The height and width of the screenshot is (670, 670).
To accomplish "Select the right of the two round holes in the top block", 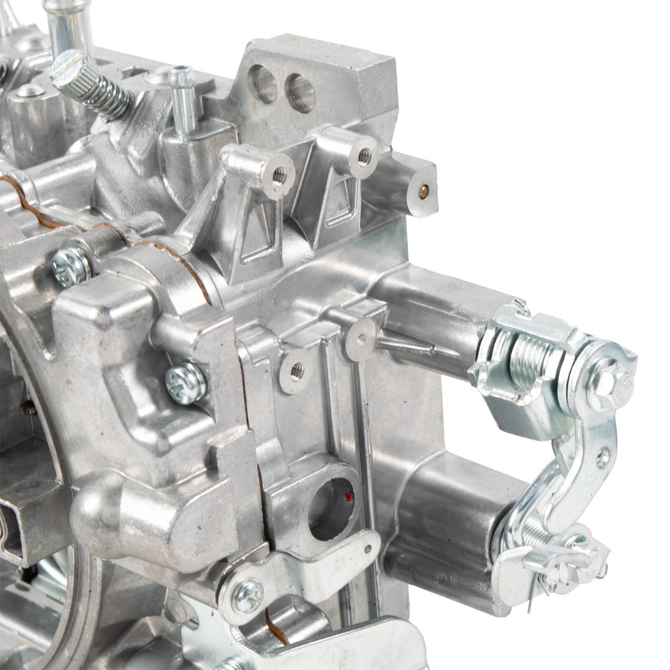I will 300,93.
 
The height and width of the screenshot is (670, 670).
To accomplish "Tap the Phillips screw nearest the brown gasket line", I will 71,267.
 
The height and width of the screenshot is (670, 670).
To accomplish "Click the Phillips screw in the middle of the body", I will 186,382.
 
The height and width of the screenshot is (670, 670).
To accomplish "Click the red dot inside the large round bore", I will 349,497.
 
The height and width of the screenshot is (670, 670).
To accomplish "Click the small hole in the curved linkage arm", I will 602,457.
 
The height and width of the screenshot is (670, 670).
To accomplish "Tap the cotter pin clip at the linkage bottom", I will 558,569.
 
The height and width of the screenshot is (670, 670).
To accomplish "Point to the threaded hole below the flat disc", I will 297,372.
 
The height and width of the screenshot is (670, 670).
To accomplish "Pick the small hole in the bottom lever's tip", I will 368,549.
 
